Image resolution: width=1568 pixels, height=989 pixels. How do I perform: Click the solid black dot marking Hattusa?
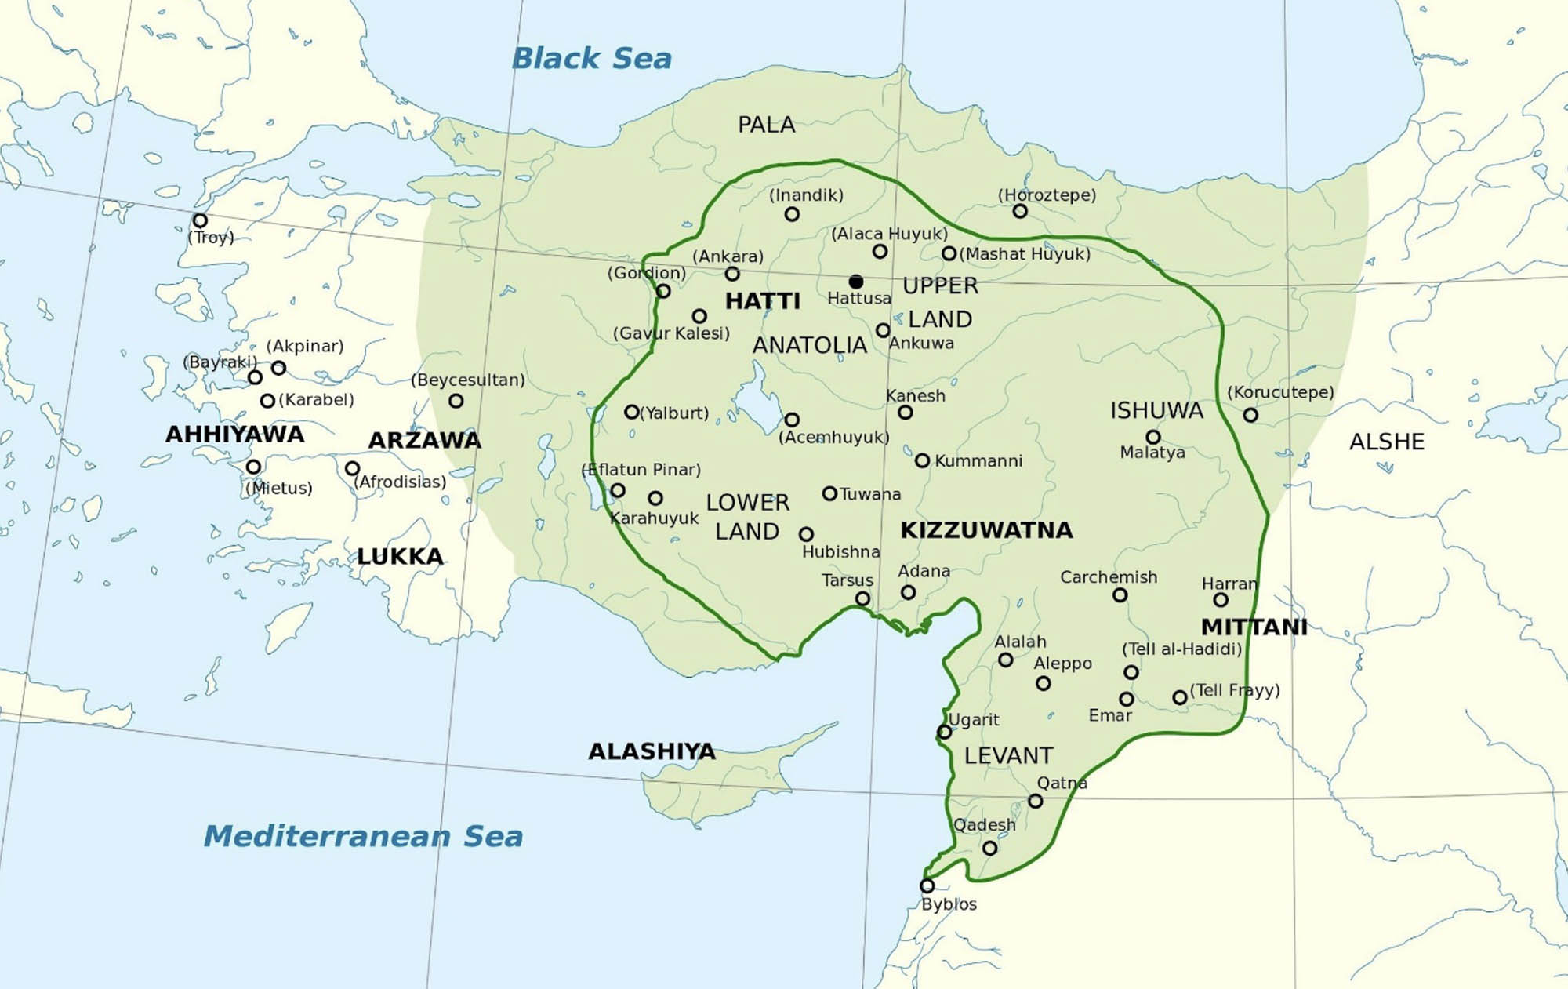(856, 281)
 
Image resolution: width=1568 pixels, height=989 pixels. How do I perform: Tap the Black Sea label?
(591, 58)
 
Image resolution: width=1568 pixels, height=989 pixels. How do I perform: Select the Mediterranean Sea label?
(363, 836)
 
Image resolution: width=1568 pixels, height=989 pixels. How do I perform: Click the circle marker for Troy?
(200, 220)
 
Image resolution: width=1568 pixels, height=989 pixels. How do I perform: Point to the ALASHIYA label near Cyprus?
(652, 751)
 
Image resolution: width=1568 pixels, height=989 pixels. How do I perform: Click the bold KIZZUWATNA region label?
(986, 530)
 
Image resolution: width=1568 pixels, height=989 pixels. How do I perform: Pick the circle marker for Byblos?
(927, 885)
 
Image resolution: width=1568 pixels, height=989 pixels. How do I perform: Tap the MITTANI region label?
(1254, 627)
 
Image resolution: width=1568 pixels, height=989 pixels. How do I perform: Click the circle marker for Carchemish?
(1120, 595)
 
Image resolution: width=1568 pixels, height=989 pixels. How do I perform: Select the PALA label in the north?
(766, 125)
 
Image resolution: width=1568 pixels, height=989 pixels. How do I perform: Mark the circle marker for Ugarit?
(944, 732)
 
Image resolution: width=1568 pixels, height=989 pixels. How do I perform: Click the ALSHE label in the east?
(1386, 442)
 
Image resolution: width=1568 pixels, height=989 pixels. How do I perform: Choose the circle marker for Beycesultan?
(456, 401)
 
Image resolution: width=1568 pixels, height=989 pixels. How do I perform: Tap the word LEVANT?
(1008, 755)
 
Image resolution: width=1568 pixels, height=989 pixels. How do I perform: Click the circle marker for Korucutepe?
(1250, 415)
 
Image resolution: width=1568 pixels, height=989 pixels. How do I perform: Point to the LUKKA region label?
(400, 557)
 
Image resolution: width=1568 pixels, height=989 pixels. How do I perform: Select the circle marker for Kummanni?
(922, 460)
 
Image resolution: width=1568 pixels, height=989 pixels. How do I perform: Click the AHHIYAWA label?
(234, 435)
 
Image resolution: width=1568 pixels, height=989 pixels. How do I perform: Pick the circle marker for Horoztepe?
(1019, 211)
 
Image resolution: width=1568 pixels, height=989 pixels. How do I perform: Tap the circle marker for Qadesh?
(989, 848)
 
